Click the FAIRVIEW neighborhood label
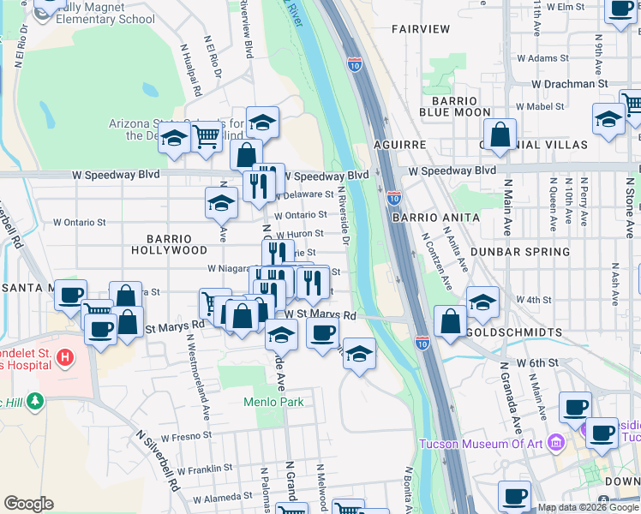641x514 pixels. pyautogui.click(x=421, y=29)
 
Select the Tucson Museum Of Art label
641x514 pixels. pyautogui.click(x=479, y=443)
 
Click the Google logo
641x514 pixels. pyautogui.click(x=28, y=504)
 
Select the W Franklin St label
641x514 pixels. pyautogui.click(x=204, y=469)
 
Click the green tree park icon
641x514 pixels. pyautogui.click(x=34, y=401)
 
